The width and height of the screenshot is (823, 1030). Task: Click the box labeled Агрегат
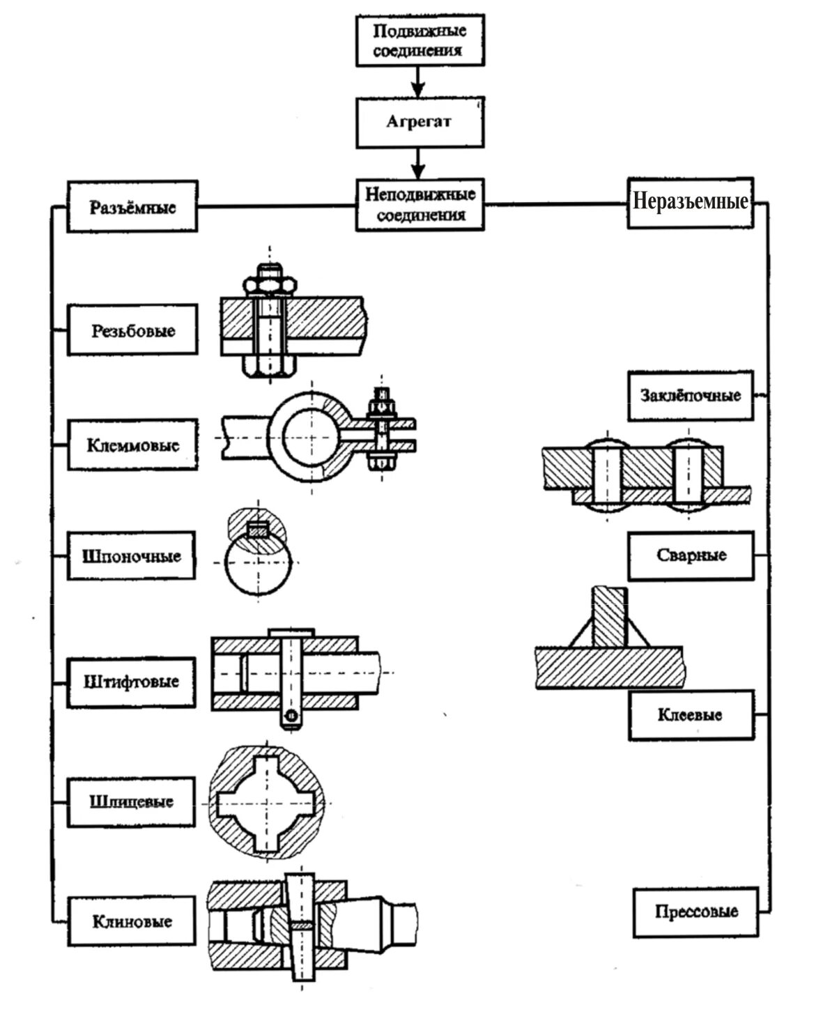420,122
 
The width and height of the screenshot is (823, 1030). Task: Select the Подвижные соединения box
420,40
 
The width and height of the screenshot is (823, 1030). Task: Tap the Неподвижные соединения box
420,204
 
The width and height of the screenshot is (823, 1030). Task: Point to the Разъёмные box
132,207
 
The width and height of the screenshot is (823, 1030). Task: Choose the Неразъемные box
691,203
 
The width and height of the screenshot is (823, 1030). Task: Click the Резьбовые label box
132,330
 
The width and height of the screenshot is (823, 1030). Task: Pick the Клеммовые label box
132,445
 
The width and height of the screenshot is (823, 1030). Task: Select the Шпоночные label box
131,555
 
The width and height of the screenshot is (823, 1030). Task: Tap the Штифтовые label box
131,682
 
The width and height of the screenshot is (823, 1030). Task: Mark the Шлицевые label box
131,801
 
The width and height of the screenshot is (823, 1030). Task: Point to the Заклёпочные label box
691,396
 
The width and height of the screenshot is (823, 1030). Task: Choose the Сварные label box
691,555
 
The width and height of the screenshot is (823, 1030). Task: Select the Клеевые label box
691,715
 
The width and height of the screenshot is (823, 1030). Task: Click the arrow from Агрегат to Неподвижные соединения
418,163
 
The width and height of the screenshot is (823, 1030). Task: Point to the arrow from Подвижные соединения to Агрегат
418,82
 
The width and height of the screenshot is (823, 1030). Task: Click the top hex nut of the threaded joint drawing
270,286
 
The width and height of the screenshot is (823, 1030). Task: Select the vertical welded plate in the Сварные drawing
609,617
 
